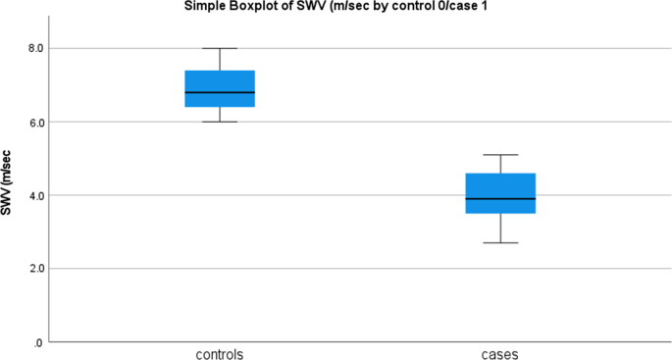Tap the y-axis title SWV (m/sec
tap(9, 183)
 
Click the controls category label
tap(220, 352)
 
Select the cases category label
tap(500, 352)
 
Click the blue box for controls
tap(220, 80)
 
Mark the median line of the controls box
tap(220, 92)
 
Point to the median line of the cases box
tap(500, 198)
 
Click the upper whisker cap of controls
tap(220, 48)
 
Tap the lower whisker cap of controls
tap(220, 122)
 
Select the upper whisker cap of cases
tap(500, 155)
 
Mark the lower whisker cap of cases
tap(500, 242)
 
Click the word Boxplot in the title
tap(237, 7)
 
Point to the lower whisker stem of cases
tap(500, 228)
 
